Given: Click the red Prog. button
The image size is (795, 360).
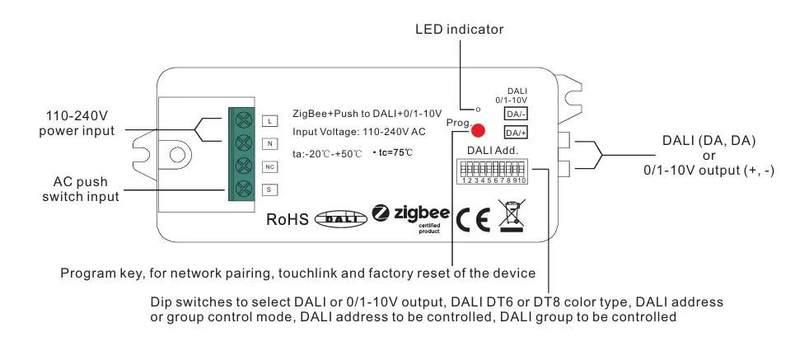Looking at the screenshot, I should tap(479, 130).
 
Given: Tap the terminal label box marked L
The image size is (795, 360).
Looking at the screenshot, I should tap(269, 120).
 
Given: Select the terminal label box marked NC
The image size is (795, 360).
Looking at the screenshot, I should tap(269, 166).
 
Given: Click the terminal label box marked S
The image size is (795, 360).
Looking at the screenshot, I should tap(269, 189).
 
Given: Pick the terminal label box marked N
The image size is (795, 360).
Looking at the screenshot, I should tap(269, 143).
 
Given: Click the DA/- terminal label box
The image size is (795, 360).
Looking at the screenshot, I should tap(516, 114).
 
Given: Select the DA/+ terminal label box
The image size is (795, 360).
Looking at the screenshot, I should tap(516, 133).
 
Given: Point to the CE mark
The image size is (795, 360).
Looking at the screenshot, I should tap(473, 218).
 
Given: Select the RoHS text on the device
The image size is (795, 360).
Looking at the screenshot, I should tap(287, 219).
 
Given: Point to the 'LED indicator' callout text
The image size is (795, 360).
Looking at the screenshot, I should tap(459, 30).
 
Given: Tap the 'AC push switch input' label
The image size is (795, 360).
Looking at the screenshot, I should tap(80, 189).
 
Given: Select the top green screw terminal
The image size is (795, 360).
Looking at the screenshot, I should tap(243, 120).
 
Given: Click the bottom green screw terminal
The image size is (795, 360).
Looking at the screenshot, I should tap(243, 189).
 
